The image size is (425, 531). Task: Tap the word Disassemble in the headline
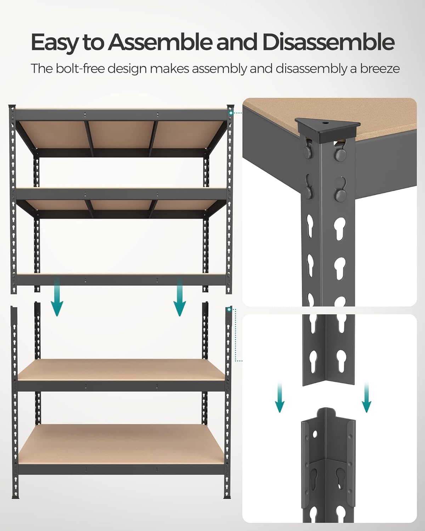tap(328, 42)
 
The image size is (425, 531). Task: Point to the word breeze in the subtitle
tap(380, 68)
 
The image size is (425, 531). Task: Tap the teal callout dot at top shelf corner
tap(231, 113)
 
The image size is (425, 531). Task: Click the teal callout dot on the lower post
tap(229, 310)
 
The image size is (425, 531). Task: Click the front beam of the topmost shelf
tap(120, 115)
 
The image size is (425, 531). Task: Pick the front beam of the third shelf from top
tap(120, 280)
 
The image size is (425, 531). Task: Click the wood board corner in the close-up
tap(382, 120)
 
